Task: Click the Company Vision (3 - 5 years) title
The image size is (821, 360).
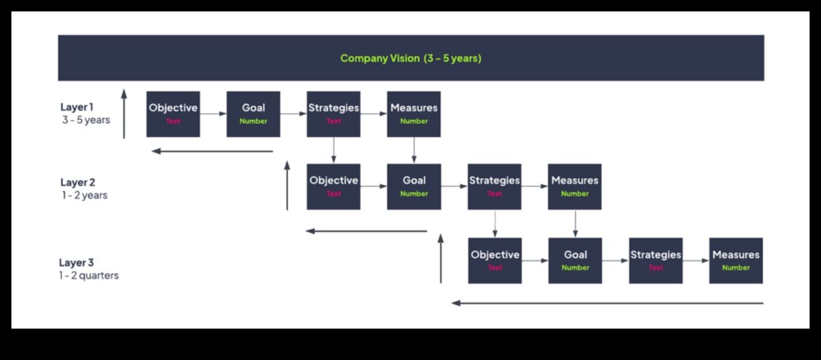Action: [x=410, y=58]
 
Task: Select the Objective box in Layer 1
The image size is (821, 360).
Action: [x=173, y=114]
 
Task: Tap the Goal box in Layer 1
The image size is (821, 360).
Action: [x=253, y=114]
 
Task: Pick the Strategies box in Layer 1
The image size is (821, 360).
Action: [x=333, y=114]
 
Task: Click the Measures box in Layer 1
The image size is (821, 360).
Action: [x=413, y=114]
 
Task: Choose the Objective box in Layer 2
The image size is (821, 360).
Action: [x=333, y=187]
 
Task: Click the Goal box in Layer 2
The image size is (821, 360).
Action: [x=414, y=187]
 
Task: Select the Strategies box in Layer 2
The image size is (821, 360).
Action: [x=494, y=187]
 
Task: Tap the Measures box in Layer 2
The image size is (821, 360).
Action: [x=575, y=187]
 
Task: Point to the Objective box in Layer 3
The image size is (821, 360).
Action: [x=495, y=261]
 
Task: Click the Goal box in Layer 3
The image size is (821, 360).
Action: [x=575, y=261]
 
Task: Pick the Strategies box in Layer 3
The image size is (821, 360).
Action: [x=655, y=261]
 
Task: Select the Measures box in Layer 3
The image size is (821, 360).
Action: [x=735, y=261]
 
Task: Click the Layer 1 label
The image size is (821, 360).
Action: [x=77, y=107]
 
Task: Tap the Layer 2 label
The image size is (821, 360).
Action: [x=77, y=183]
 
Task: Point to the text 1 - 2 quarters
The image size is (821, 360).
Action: [x=88, y=276]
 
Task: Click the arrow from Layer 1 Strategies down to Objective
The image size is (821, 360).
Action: [x=333, y=150]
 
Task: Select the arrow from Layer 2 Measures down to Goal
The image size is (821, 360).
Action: [x=575, y=224]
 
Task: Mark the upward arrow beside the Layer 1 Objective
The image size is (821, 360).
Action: [x=124, y=114]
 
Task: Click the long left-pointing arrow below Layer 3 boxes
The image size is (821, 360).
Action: [x=607, y=303]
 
